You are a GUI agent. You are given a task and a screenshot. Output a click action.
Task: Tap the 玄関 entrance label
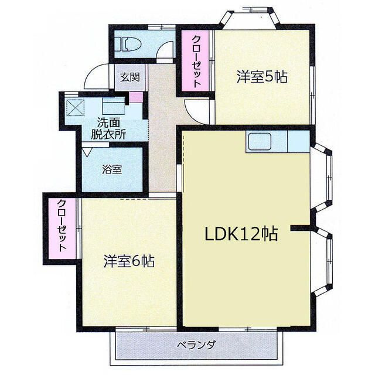click(130, 77)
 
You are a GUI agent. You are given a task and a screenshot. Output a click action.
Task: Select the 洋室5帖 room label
click(262, 77)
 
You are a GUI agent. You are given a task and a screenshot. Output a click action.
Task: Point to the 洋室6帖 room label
click(129, 261)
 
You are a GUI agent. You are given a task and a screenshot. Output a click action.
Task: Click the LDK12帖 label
click(241, 234)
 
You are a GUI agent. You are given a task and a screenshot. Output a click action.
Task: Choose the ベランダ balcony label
click(197, 345)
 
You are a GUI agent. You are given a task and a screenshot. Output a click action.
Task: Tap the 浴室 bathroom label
click(112, 169)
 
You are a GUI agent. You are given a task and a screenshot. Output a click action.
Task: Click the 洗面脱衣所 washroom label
click(108, 129)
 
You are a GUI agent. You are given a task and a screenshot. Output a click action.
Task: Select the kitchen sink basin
click(260, 142)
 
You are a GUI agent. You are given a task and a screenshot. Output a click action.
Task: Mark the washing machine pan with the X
click(76, 108)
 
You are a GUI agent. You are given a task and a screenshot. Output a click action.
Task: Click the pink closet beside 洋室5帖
click(195, 61)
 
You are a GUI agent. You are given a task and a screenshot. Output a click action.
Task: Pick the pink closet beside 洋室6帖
click(62, 229)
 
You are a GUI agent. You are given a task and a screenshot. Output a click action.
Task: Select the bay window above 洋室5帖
click(250, 18)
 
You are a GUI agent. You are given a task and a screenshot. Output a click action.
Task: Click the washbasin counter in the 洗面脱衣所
click(114, 105)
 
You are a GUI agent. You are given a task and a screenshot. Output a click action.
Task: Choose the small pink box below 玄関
click(136, 97)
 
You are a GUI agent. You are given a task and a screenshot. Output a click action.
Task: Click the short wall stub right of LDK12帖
click(301, 228)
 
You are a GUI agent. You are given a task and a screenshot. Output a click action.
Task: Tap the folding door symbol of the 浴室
click(87, 151)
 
